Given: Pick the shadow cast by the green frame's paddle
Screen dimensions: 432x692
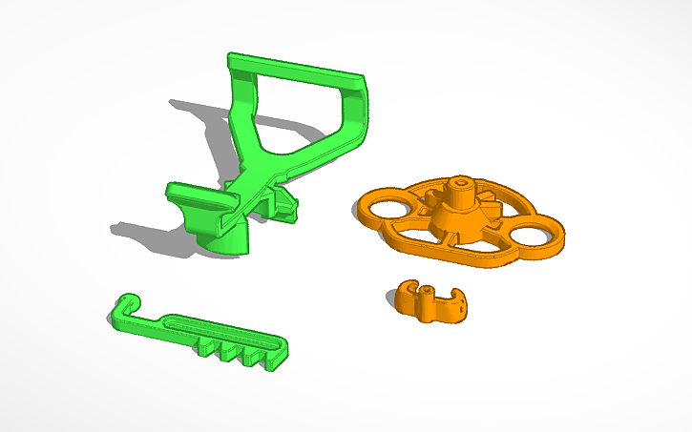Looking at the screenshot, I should click(x=143, y=234).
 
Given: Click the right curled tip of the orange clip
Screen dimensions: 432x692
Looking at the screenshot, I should click(x=460, y=306).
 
